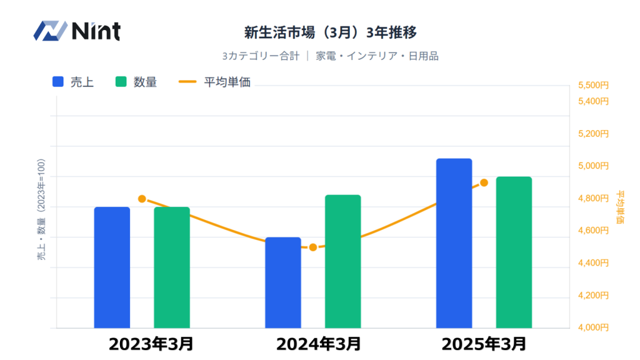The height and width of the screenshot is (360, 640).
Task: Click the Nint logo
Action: pos(77,31)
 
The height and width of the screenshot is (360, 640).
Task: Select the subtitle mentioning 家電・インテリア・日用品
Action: pos(330,56)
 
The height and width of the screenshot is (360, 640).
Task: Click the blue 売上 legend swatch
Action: pos(59,82)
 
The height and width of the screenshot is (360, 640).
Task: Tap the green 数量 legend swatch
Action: pos(121,82)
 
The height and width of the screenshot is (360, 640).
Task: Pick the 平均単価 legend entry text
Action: pos(227,82)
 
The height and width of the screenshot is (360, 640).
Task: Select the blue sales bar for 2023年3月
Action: pos(112,267)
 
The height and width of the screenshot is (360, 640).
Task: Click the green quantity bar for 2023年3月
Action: pos(172,267)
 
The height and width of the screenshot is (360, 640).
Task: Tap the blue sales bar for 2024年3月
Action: pos(283,282)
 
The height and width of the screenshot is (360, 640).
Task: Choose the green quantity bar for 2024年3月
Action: pos(343,261)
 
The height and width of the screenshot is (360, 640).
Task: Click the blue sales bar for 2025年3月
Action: pos(454,243)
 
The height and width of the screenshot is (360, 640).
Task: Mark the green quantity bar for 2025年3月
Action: pos(514,252)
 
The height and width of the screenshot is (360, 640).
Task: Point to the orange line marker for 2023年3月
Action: pos(142,199)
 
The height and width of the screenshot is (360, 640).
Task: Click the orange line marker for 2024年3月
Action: pos(313,247)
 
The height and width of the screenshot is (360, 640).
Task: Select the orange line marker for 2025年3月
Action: pos(484,182)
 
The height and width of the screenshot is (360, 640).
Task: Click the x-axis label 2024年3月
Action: pos(319,344)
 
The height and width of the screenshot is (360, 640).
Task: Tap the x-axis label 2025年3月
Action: pos(484,344)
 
